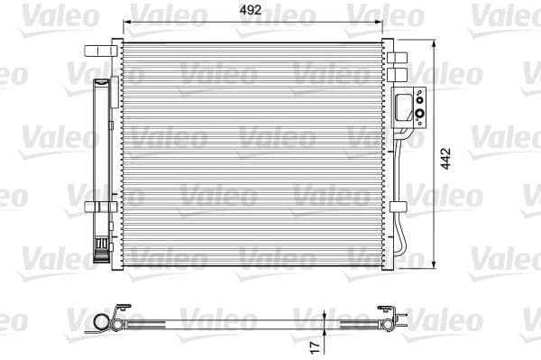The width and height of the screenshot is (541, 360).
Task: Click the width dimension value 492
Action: coord(252,10)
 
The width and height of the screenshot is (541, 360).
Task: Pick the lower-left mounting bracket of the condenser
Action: coord(96,207)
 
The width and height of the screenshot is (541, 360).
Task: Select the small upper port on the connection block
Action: coord(419,96)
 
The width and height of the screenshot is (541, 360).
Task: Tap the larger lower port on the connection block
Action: coord(419,113)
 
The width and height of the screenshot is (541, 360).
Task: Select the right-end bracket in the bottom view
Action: coord(390,321)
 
